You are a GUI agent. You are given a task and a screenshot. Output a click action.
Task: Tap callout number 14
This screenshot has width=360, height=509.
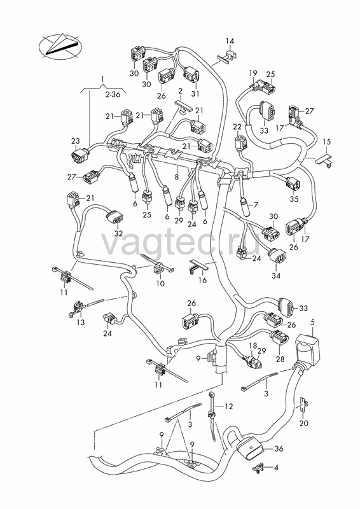click(x=230, y=41)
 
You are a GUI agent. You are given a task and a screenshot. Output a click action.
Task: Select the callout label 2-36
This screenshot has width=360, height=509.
click(x=113, y=94)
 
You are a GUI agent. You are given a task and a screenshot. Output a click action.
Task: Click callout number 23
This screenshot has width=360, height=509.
click(x=75, y=141)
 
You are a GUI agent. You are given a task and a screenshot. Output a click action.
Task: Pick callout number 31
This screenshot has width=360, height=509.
click(x=195, y=94)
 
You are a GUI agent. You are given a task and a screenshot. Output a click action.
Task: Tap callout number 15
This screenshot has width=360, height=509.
click(x=327, y=142)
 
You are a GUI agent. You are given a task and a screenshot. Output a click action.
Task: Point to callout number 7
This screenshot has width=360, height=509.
click(x=256, y=205)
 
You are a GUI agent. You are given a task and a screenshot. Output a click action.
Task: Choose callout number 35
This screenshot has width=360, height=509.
click(x=294, y=199)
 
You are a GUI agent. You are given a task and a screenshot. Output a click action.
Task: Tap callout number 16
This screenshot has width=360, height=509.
click(x=202, y=280)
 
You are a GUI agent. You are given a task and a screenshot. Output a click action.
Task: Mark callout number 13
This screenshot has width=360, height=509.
click(x=81, y=323)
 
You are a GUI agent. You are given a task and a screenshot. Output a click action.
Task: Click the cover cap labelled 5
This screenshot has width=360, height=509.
click(x=307, y=349)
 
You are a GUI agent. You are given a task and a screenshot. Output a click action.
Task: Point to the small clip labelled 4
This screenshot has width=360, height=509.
click(x=258, y=468)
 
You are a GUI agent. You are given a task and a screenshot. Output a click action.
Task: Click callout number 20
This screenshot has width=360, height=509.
click(x=304, y=423)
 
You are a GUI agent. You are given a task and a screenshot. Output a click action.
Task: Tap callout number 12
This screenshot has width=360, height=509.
click(x=229, y=407)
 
